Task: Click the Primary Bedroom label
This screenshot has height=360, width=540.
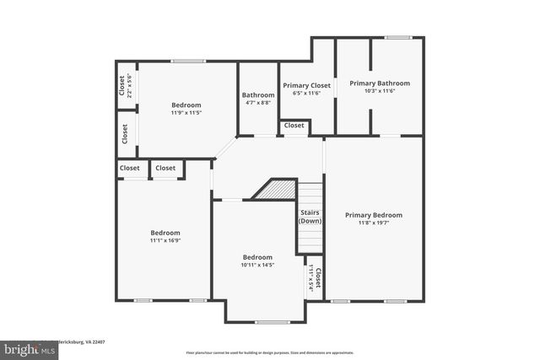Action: coord(374,215)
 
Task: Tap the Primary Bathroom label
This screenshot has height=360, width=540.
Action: coord(380,83)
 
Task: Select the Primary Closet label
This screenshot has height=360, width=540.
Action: coord(307,84)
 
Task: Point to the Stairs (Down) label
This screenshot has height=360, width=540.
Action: coord(310,217)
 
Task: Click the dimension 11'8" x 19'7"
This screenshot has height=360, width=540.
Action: coord(374,223)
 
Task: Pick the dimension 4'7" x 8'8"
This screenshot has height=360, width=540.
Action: coord(258,103)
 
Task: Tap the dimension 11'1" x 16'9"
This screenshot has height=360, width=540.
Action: coord(165,241)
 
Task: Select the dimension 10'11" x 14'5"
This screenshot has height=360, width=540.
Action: coord(257,266)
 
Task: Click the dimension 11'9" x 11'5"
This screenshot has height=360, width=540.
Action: coord(186,112)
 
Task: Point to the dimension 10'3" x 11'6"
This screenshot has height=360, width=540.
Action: coord(380,92)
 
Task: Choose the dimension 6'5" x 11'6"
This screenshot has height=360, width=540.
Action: coord(307,93)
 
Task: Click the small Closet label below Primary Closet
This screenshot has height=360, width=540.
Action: coord(294,126)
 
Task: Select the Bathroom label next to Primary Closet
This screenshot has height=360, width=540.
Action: coord(258,95)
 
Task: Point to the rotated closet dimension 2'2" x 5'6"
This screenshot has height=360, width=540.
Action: coord(130,85)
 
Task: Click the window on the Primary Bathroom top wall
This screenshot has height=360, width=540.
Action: coord(398,38)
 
